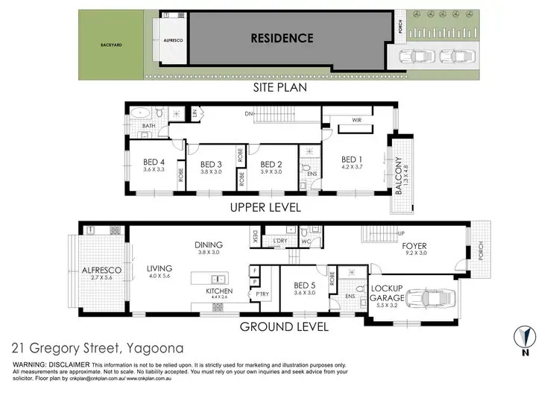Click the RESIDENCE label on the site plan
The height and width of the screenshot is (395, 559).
point(281,38)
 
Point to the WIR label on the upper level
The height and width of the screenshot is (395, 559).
point(358,119)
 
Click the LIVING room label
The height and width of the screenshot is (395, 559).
point(160,268)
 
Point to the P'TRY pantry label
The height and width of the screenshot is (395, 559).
point(262,294)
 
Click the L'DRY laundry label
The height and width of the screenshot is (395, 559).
point(281,240)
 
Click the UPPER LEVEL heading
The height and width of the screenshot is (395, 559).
point(266,208)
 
